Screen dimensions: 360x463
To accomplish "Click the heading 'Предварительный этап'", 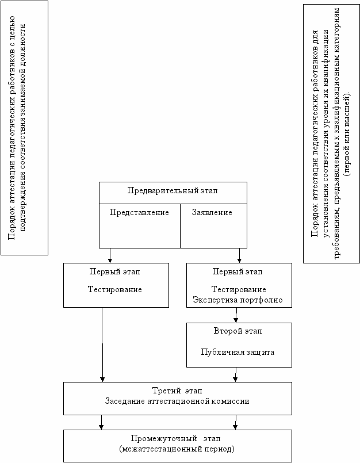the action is click(x=173, y=191).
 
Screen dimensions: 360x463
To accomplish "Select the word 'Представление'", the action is click(x=139, y=213).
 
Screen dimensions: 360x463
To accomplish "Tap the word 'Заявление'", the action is click(x=212, y=212).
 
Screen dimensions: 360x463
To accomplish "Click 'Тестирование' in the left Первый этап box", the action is click(x=115, y=289).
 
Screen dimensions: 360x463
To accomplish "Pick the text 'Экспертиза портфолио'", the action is click(x=238, y=300).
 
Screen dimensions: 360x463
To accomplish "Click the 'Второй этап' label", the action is click(x=238, y=331).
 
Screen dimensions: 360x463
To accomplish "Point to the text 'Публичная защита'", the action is click(x=238, y=352).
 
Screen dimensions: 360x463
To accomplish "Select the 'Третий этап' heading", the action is click(x=177, y=391).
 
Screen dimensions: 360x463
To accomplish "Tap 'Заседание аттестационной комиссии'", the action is click(x=177, y=401).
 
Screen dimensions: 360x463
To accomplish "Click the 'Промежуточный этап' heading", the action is click(x=176, y=438).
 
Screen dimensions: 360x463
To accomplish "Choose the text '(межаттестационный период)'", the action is click(x=177, y=449).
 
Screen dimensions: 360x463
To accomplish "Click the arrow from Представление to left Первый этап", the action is click(x=110, y=255).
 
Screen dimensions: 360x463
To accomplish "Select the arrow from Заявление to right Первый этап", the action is click(x=239, y=255).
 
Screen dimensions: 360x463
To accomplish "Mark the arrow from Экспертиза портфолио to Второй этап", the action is click(x=236, y=315).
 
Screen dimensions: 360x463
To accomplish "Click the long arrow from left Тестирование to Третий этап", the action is click(x=102, y=345).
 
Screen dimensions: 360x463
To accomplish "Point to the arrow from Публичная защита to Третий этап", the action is click(x=236, y=374).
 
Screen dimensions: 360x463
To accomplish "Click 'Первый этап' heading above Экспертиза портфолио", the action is click(x=238, y=271).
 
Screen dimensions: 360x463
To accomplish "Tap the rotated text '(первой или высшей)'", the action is click(x=347, y=135).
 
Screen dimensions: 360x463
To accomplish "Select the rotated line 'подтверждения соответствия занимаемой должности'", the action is click(x=23, y=128).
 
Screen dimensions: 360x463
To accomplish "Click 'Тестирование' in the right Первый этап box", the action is click(x=239, y=289).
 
